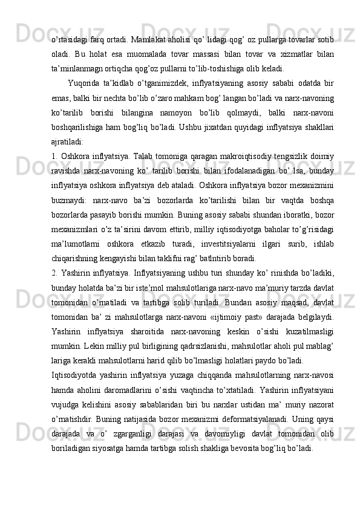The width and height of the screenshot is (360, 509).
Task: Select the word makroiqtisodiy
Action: click(236, 157)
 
